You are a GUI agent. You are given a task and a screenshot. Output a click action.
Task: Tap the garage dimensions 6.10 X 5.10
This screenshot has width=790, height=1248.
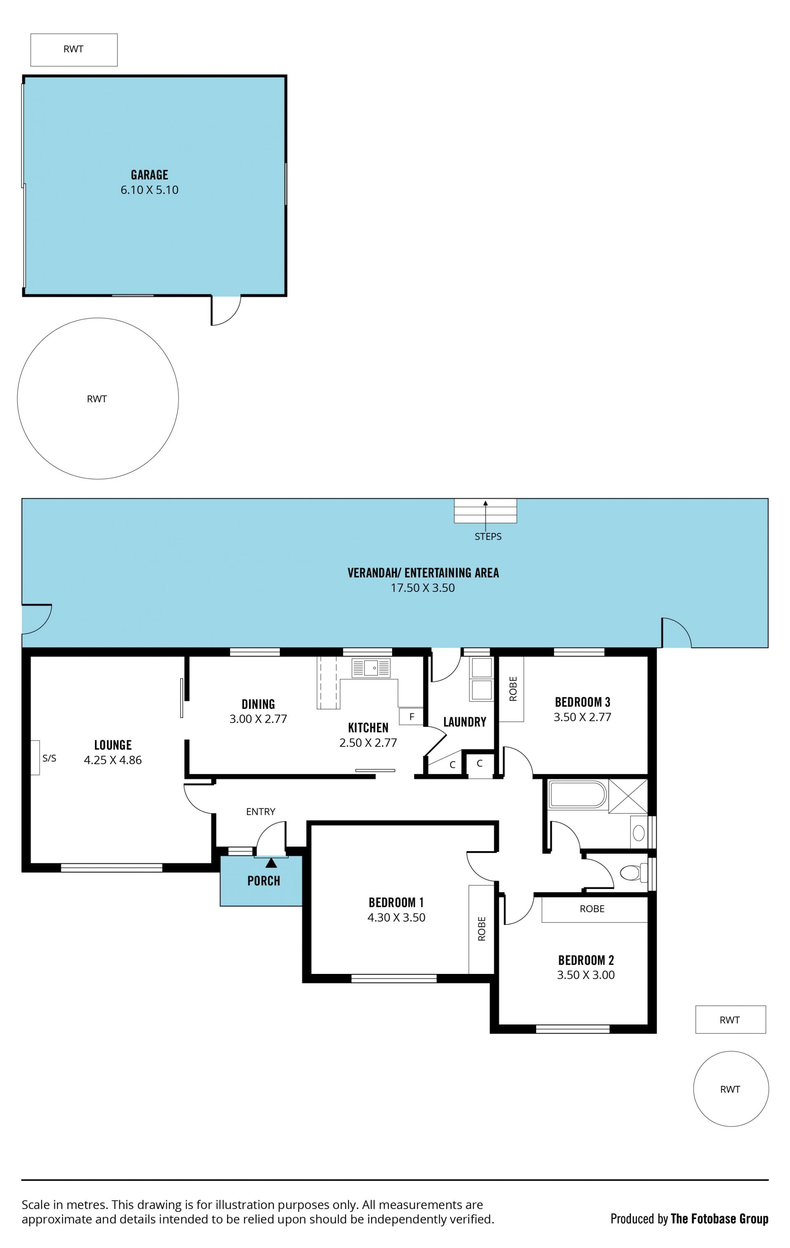click(149, 190)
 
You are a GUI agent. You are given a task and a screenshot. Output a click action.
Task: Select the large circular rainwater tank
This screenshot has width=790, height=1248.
click(98, 398)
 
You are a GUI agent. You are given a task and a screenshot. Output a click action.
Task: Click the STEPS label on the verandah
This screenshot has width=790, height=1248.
click(488, 536)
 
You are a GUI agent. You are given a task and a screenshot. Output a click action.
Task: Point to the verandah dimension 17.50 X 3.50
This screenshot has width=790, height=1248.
click(423, 588)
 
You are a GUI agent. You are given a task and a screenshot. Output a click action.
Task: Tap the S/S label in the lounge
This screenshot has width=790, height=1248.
click(49, 758)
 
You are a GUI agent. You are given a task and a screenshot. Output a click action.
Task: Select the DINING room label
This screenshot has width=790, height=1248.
click(258, 704)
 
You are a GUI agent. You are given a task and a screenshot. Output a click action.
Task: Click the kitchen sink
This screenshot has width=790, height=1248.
click(371, 668)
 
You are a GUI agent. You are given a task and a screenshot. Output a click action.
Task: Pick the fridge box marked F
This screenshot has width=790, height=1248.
click(411, 717)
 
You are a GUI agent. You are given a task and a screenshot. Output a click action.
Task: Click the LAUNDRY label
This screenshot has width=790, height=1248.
click(465, 722)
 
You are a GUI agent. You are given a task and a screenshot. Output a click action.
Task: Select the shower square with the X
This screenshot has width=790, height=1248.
click(628, 796)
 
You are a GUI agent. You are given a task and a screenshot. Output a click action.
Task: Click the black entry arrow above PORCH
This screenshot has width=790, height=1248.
click(271, 862)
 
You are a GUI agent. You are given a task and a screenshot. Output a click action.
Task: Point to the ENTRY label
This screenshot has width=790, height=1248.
click(260, 812)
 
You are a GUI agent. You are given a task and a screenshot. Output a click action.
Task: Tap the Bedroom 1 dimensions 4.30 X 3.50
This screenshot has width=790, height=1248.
click(396, 917)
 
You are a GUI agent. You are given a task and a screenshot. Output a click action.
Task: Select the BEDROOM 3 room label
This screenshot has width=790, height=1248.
click(583, 702)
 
